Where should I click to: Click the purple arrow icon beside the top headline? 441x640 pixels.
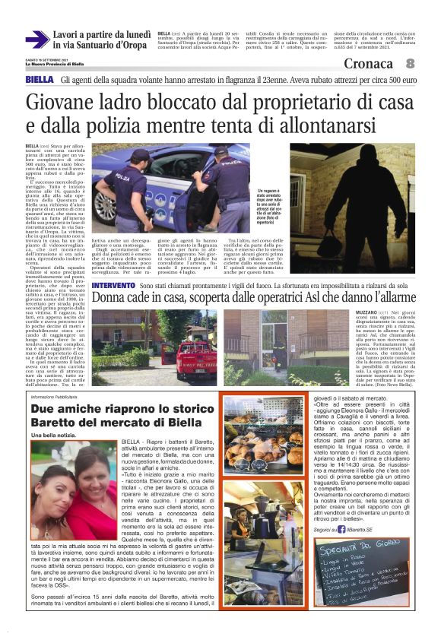click(36, 39)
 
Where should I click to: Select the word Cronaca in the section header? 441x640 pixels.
click(370, 64)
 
